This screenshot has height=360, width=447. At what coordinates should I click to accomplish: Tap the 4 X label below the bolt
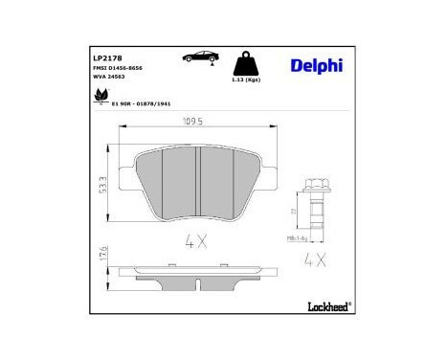pyautogui.click(x=315, y=258)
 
